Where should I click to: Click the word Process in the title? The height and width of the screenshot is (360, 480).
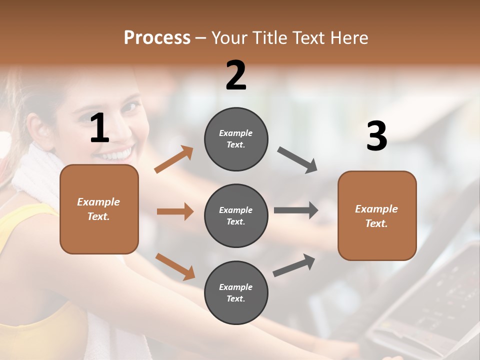pyautogui.click(x=157, y=37)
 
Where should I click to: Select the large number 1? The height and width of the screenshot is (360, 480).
pyautogui.click(x=99, y=128)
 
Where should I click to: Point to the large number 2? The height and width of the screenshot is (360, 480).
pyautogui.click(x=236, y=75)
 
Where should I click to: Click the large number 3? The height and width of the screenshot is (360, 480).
pyautogui.click(x=376, y=136)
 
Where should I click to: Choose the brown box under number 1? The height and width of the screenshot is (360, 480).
pyautogui.click(x=99, y=209)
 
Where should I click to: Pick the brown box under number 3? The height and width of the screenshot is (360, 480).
pyautogui.click(x=377, y=215)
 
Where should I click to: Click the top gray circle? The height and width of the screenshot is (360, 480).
pyautogui.click(x=236, y=139)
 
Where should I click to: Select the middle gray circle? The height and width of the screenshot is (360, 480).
pyautogui.click(x=236, y=215)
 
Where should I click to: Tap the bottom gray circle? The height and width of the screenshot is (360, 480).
pyautogui.click(x=236, y=292)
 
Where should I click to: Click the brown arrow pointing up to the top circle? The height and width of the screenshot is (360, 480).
pyautogui.click(x=173, y=160)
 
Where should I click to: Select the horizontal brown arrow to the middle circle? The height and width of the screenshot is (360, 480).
pyautogui.click(x=175, y=211)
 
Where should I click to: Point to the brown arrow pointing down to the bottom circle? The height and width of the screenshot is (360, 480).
pyautogui.click(x=175, y=266)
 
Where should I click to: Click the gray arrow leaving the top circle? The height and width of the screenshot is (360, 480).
pyautogui.click(x=297, y=160)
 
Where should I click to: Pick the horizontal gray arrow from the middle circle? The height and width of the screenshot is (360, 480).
pyautogui.click(x=296, y=210)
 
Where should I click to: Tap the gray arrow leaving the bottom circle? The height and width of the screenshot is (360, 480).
pyautogui.click(x=294, y=265)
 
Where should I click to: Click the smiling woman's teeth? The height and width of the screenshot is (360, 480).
pyautogui.click(x=119, y=152)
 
